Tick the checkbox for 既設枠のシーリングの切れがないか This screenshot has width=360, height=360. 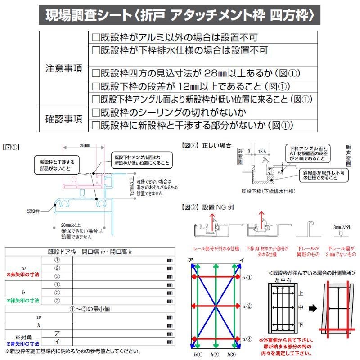95,112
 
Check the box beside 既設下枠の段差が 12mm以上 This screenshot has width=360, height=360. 95,86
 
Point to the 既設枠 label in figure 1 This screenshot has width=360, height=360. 33,210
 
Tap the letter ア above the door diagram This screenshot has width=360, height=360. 191,260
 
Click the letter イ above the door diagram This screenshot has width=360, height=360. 242,260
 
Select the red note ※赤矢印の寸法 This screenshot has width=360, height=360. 22,274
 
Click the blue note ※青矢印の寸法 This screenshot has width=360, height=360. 22,343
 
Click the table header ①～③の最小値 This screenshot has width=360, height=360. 90,309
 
